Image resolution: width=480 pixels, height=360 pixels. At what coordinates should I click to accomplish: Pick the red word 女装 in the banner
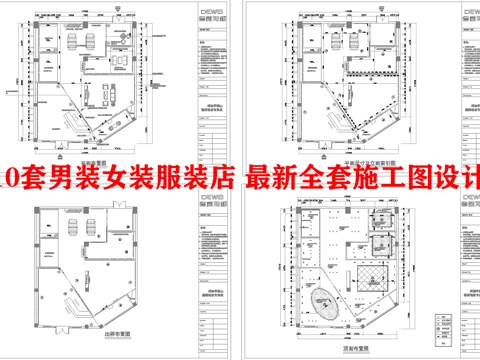[127, 180]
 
